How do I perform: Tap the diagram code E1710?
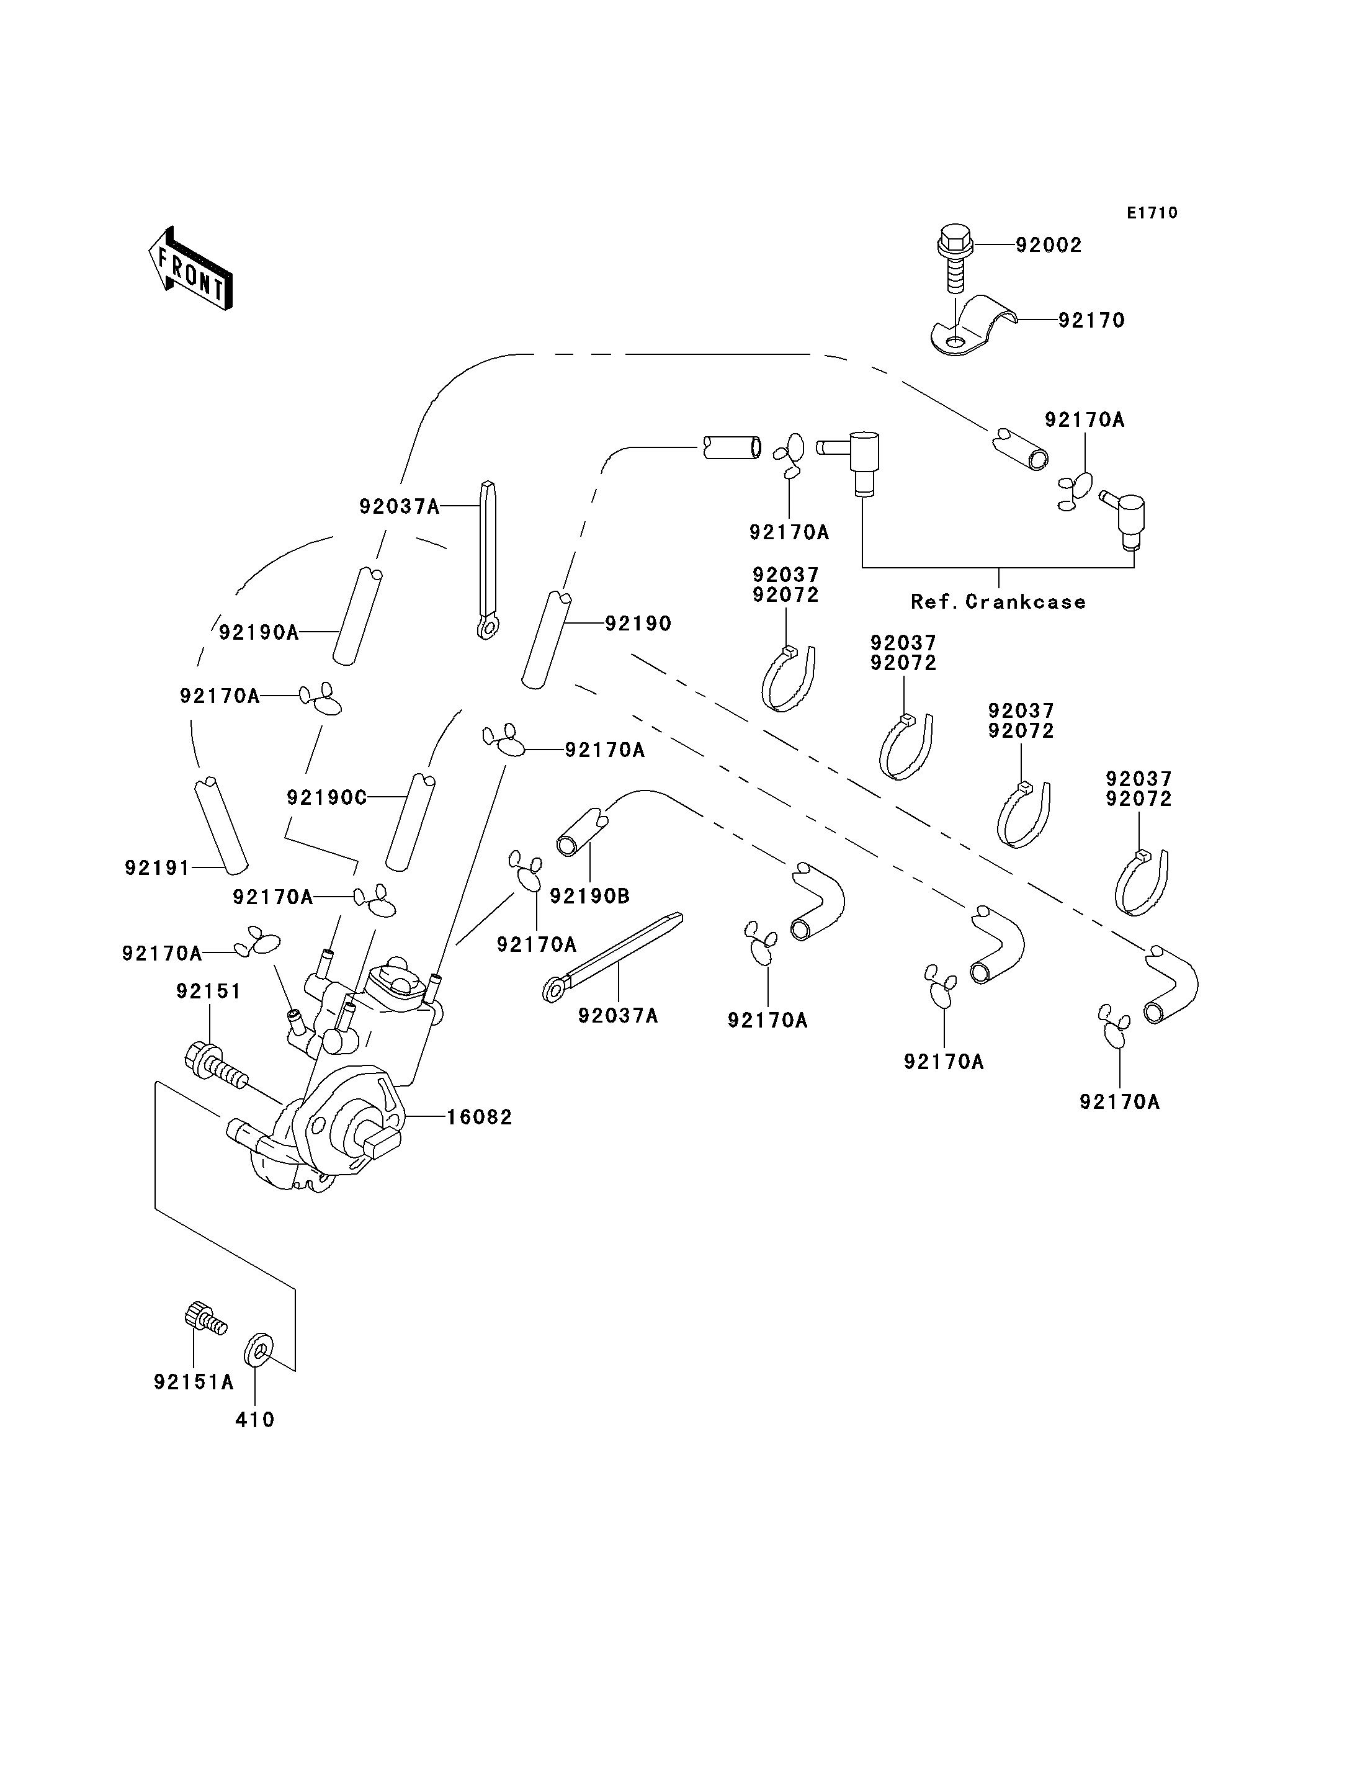click(x=1152, y=213)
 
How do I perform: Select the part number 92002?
click(x=1049, y=245)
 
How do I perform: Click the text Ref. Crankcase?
click(x=998, y=602)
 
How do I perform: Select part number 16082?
click(x=480, y=1118)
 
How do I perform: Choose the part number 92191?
click(x=157, y=868)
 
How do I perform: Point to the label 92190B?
click(x=590, y=897)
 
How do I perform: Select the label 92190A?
click(x=259, y=632)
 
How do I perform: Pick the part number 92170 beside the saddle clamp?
click(x=1092, y=321)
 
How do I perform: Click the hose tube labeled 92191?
click(x=221, y=826)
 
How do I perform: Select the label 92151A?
click(x=194, y=1381)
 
